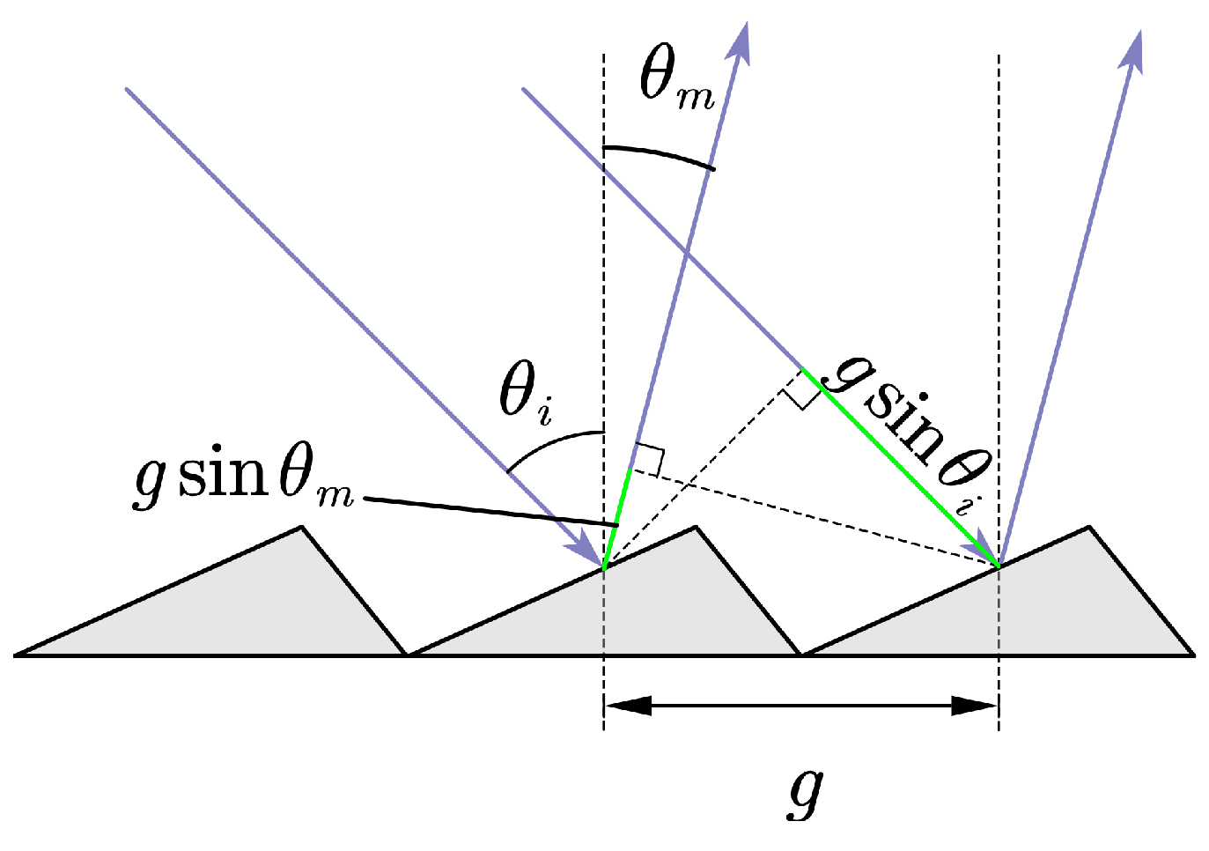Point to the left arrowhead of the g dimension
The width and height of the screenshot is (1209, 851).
(628, 706)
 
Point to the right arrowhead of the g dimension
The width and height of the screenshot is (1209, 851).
(975, 706)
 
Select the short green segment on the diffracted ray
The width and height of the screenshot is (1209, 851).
(617, 520)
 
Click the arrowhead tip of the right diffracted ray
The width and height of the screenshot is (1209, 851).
(1139, 35)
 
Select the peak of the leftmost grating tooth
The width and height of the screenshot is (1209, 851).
(301, 528)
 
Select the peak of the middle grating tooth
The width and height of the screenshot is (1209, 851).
(696, 528)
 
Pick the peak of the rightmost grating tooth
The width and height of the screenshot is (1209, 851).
(1089, 528)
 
